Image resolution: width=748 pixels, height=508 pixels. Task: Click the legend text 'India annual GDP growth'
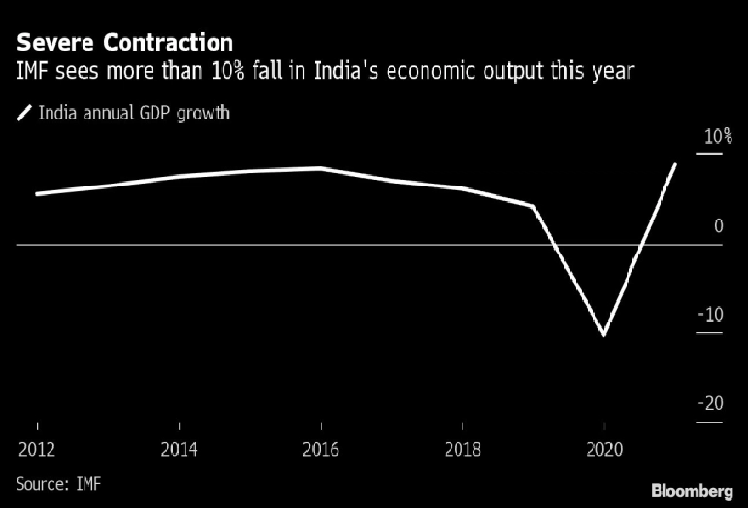pos(134,113)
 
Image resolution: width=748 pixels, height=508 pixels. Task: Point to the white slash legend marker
pos(23,114)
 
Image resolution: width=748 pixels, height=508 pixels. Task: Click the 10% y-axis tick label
pos(718,136)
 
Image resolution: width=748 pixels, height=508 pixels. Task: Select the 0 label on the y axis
pos(718,226)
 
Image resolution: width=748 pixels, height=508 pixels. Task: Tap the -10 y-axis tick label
pos(711,315)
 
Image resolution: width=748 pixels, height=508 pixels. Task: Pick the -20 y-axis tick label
pos(711,404)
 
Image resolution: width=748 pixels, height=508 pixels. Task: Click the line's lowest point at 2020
pos(604,335)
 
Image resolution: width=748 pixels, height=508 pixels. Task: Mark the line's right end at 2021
pos(675,164)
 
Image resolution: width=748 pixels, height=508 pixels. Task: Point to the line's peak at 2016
pos(321,168)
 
